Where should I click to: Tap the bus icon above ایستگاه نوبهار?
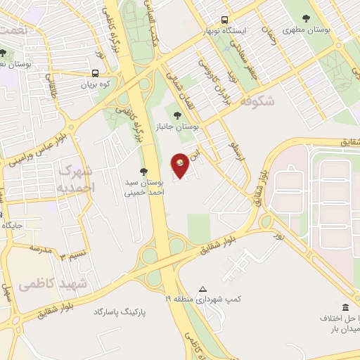point(224,20)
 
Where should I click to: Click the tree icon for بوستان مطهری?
point(305,19)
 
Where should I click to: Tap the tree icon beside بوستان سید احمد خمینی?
point(143,171)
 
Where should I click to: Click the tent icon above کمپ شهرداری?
point(203,289)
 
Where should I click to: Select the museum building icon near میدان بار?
point(345,307)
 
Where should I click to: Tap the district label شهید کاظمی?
point(53,284)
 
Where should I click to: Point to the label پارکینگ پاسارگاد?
point(122,310)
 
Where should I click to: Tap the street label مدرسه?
point(40,248)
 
